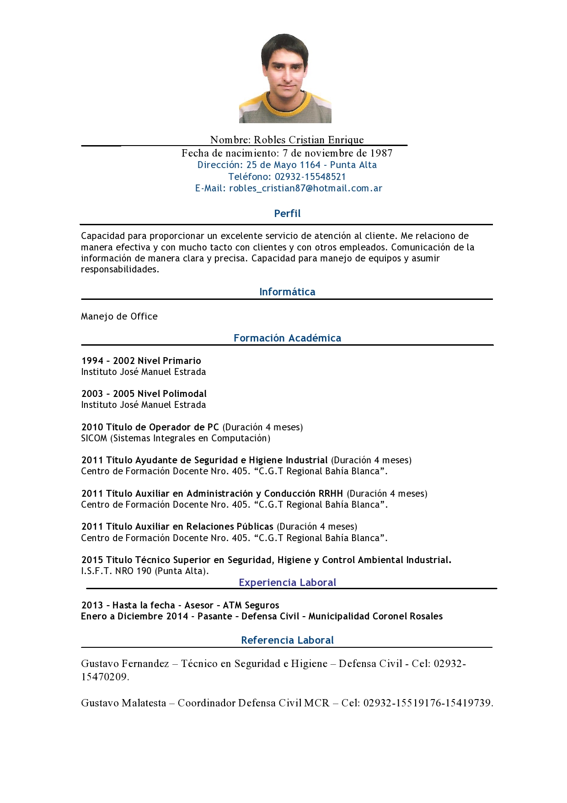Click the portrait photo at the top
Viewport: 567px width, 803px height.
tap(285, 78)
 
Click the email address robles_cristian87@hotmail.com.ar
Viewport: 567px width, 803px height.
tap(305, 188)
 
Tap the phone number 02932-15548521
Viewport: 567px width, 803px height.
tap(310, 177)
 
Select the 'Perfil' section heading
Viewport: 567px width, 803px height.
tap(287, 213)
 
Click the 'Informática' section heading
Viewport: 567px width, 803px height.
tap(287, 292)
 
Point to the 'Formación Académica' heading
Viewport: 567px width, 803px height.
tap(287, 338)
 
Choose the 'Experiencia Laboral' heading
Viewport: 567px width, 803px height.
tap(287, 582)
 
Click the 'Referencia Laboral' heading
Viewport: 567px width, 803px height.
tap(287, 640)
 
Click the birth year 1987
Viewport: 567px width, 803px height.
tap(381, 153)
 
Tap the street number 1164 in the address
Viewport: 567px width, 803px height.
tap(310, 165)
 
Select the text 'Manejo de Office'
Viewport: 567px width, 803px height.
tap(119, 316)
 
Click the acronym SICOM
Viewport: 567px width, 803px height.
tap(94, 438)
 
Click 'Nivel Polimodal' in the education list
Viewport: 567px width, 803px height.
tap(172, 394)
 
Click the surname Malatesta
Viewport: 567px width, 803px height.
tap(144, 703)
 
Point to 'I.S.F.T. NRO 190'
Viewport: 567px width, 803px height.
tap(116, 571)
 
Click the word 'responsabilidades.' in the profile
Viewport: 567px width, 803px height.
tap(120, 269)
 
